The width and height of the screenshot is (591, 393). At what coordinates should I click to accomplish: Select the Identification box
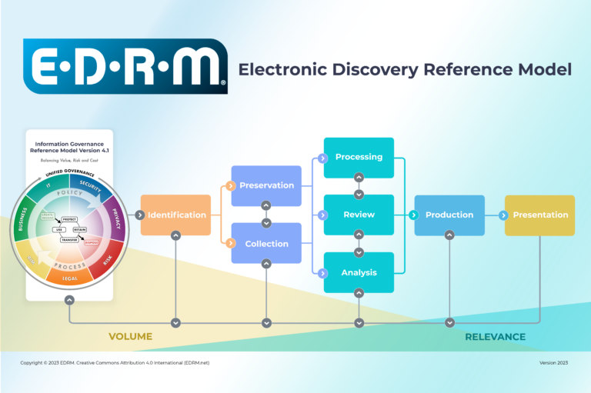click(176, 215)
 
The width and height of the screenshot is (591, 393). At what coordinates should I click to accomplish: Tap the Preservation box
click(266, 185)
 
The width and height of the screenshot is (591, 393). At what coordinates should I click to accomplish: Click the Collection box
click(266, 244)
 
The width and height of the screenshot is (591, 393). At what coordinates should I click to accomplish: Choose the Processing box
click(359, 157)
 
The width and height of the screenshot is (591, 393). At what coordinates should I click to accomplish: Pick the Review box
click(359, 215)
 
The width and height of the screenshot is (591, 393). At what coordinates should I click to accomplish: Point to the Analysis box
click(359, 272)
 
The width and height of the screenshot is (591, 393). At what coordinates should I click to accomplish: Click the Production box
click(449, 215)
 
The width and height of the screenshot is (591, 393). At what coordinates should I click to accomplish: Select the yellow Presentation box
click(540, 215)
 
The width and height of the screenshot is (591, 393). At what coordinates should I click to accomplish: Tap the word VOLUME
click(130, 336)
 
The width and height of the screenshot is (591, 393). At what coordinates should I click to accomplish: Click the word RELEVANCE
click(495, 336)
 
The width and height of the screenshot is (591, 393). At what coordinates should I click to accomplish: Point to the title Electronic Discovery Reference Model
click(405, 69)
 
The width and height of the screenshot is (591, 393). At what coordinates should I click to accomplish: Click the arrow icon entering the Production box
click(419, 215)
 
